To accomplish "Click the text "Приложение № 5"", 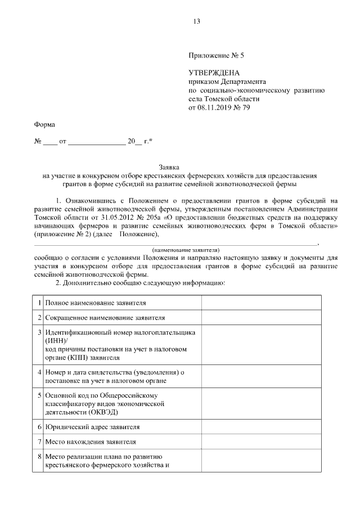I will (x=217, y=56).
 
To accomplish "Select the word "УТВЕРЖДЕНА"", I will (x=214, y=73).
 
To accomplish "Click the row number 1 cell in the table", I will (x=38, y=303).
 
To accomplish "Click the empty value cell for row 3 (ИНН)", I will (x=262, y=344).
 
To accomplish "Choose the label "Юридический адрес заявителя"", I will (x=88, y=427).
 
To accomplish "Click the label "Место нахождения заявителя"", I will (x=91, y=442).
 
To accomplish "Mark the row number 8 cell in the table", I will (x=38, y=457).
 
